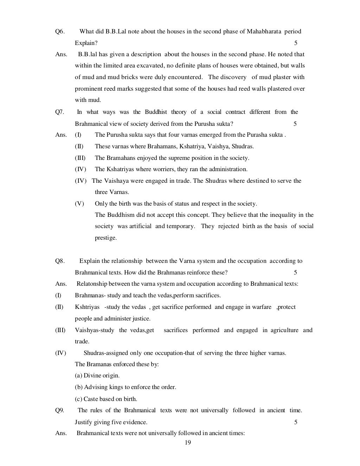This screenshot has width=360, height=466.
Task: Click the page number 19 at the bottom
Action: point(187,442)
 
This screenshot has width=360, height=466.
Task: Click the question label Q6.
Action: point(60,31)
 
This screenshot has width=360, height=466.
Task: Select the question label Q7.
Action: point(60,112)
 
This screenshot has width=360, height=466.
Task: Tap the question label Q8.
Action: point(60,261)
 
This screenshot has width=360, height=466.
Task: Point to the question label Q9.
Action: point(60,410)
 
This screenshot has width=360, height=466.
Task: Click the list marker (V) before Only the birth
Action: point(79,204)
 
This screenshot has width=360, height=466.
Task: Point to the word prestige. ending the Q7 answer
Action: point(105,238)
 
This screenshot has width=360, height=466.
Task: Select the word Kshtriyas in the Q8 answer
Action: point(87,307)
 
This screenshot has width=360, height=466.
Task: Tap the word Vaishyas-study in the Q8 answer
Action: point(94,330)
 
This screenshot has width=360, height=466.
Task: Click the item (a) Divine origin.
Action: point(97,376)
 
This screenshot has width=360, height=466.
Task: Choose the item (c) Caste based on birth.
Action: point(106,399)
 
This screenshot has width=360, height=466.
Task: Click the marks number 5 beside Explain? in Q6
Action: point(296,43)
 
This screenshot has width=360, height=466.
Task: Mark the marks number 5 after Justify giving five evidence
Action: point(296,422)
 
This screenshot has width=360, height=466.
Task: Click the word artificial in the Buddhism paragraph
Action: point(140,226)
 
